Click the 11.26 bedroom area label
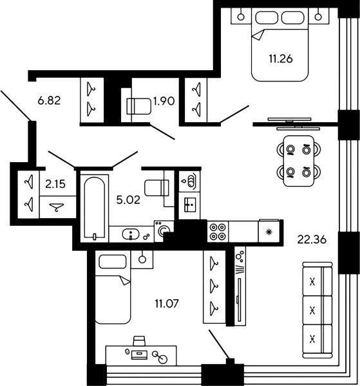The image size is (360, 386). pyautogui.click(x=281, y=59)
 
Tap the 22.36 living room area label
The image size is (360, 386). pyautogui.click(x=312, y=239)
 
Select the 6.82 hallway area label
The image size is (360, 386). pyautogui.click(x=49, y=101)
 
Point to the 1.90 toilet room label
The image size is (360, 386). pyautogui.click(x=164, y=101)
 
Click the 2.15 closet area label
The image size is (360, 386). pyautogui.click(x=55, y=184)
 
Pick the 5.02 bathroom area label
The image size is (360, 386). pyautogui.click(x=128, y=200)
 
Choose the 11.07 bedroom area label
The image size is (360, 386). pyautogui.click(x=167, y=304)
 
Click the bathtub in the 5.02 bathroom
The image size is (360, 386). pyautogui.click(x=95, y=208)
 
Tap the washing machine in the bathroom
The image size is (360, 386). pyautogui.click(x=164, y=231)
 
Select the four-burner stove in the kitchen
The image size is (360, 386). pyautogui.click(x=218, y=232)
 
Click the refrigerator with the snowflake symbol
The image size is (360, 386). pyautogui.click(x=269, y=231)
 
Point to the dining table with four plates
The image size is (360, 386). pyautogui.click(x=299, y=160)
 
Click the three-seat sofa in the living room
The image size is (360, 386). pyautogui.click(x=317, y=310)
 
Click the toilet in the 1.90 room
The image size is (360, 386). pyautogui.click(x=138, y=106)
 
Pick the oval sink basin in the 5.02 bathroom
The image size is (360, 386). pyautogui.click(x=131, y=234)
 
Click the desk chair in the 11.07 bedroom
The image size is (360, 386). pyautogui.click(x=139, y=341)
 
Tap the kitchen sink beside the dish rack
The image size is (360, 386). pyautogui.click(x=190, y=205)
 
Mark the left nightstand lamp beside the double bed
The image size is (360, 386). pyautogui.click(x=241, y=17)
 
